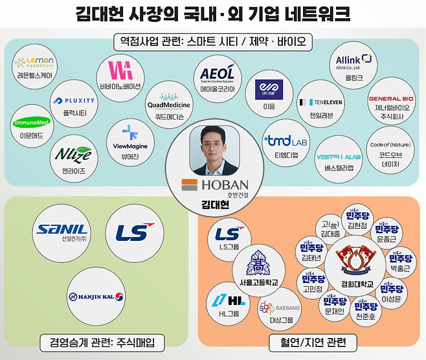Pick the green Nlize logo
73,155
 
